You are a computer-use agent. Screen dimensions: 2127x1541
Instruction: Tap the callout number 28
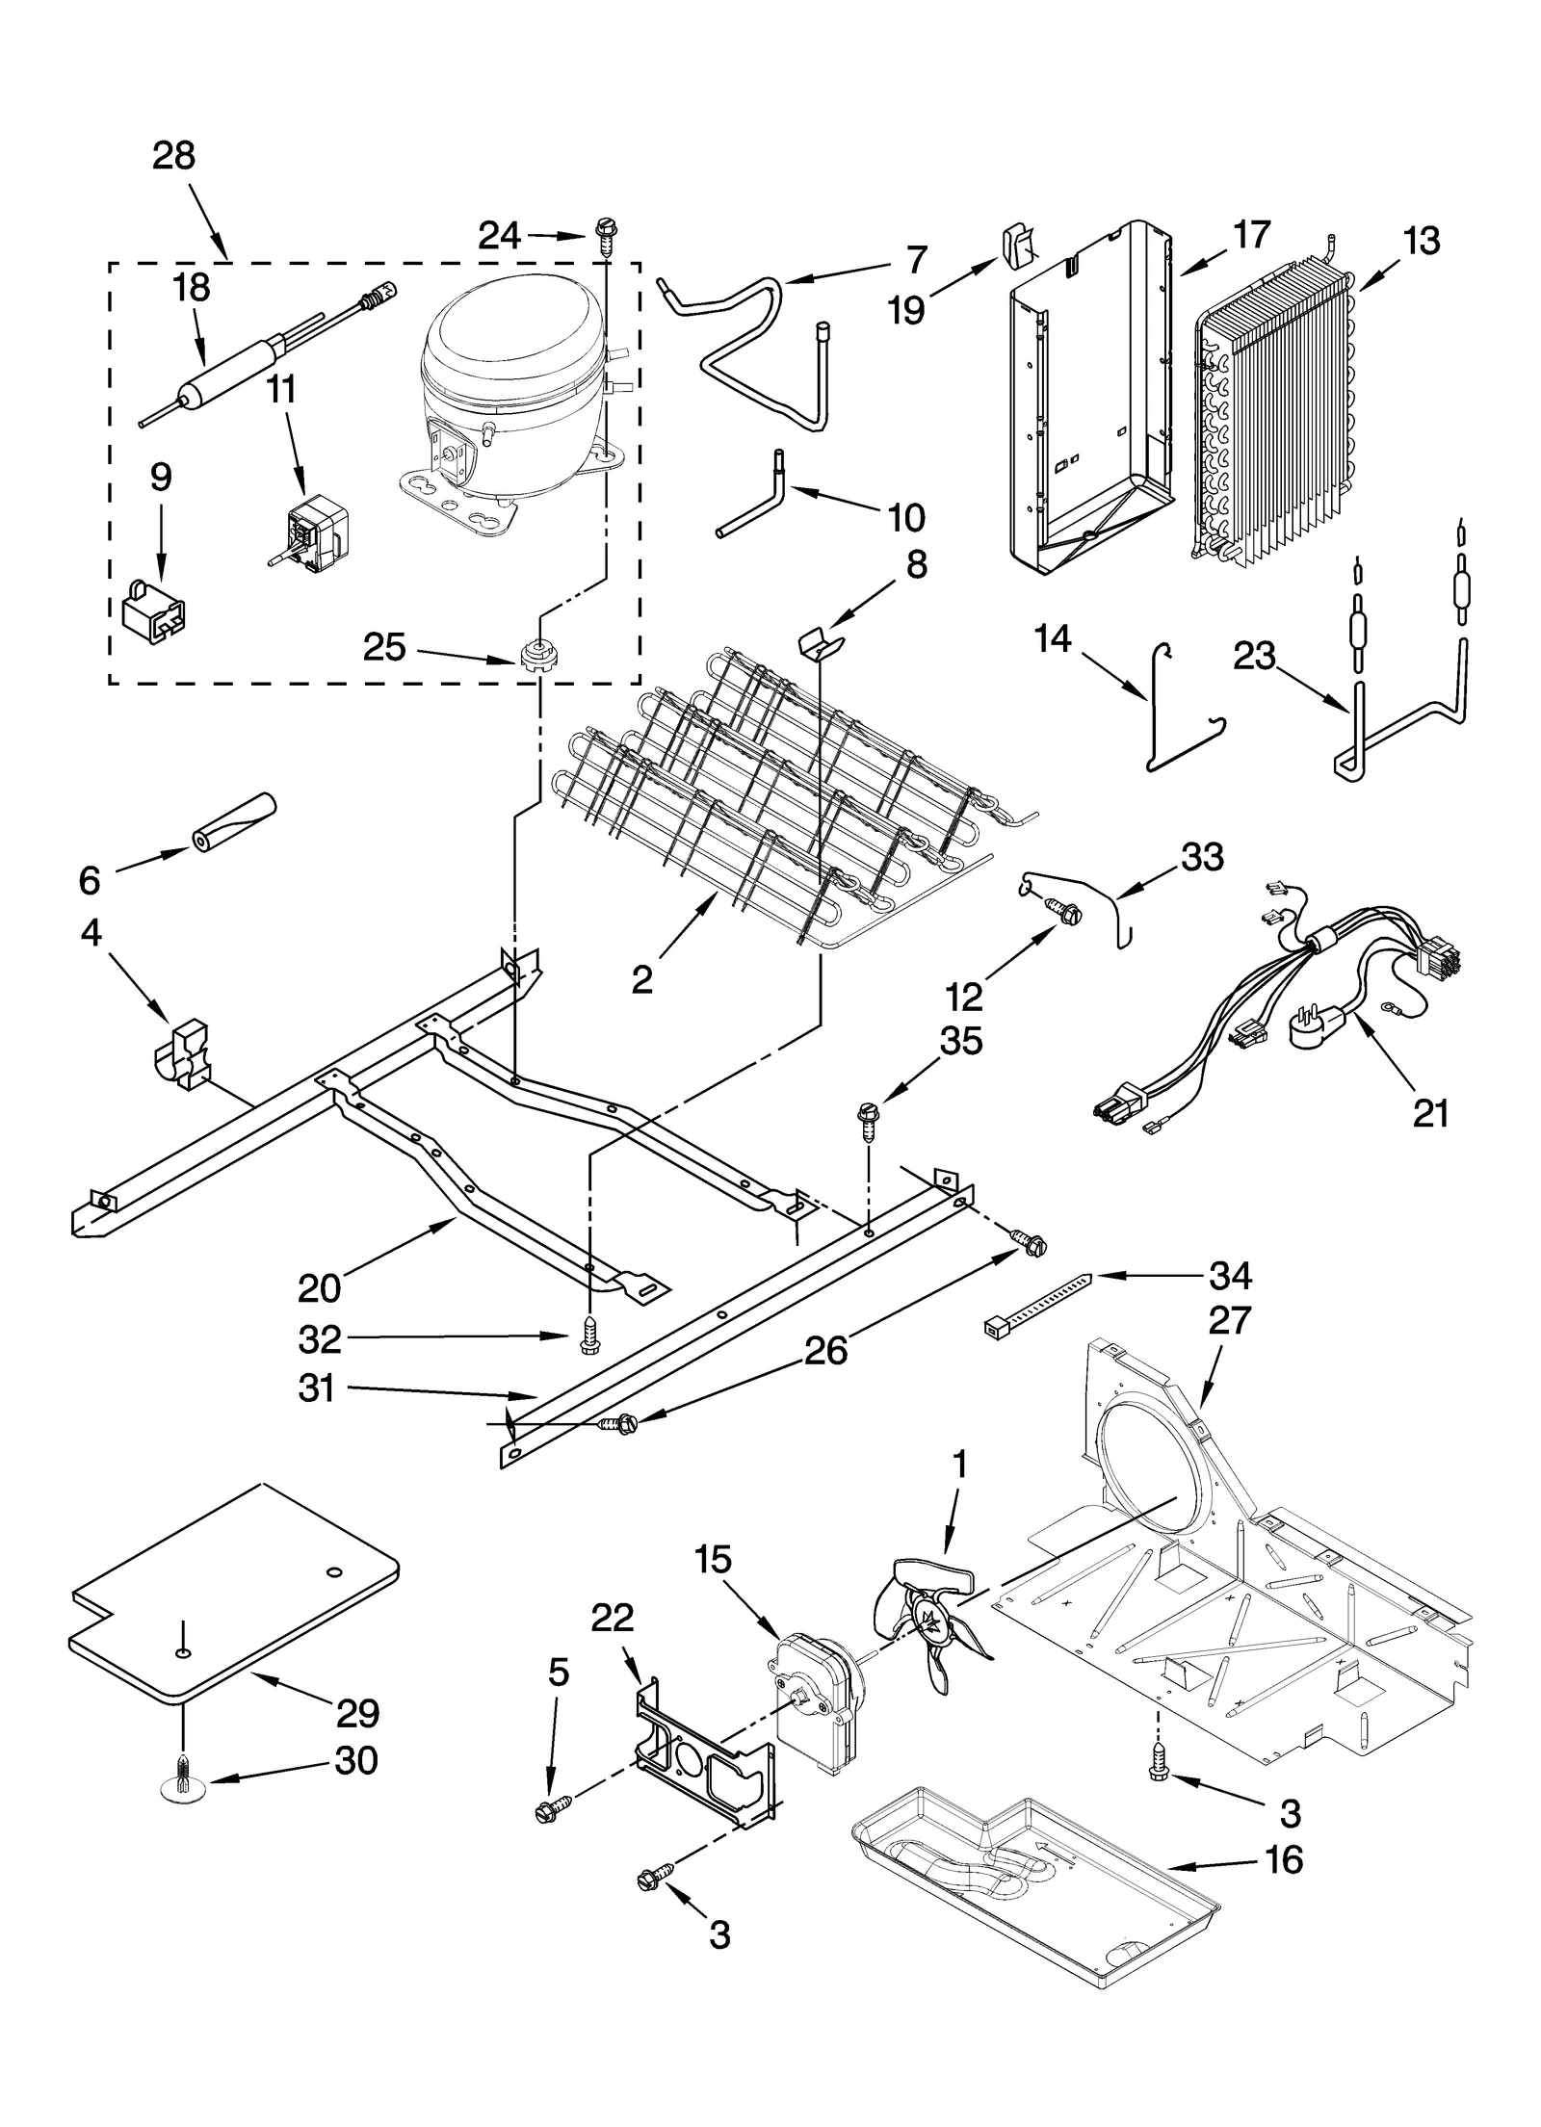(x=173, y=156)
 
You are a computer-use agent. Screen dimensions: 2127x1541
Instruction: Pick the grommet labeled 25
(x=539, y=658)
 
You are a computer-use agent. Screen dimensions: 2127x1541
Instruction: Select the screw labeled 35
(x=868, y=1121)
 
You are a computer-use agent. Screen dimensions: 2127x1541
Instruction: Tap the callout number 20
(x=320, y=1287)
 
